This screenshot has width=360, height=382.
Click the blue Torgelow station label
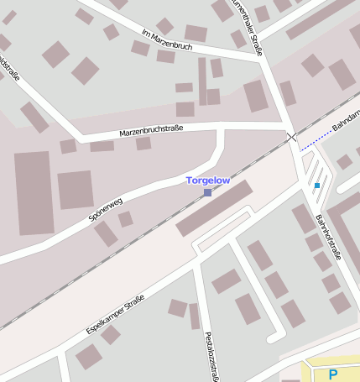pyautogui.click(x=207, y=181)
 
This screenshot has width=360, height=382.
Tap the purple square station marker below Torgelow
pyautogui.click(x=207, y=193)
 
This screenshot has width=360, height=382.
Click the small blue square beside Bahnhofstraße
pyautogui.click(x=317, y=185)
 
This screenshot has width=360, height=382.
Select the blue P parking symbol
pyautogui.click(x=333, y=374)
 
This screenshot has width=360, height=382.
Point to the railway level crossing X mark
pyautogui.click(x=291, y=136)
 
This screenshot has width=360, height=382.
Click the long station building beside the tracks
pyautogui.click(x=214, y=209)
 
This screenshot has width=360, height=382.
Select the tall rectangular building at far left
pyautogui.click(x=34, y=192)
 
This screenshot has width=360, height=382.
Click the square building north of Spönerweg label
pyautogui.click(x=76, y=190)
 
